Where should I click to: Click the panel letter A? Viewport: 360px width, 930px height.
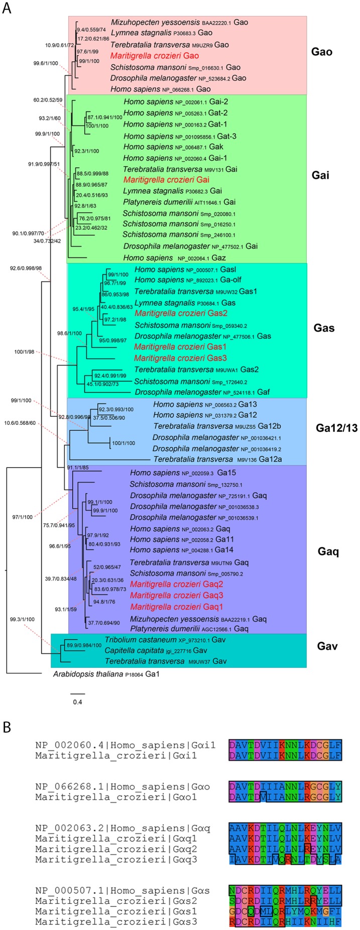click(7, 9)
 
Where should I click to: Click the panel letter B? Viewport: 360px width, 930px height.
click(7, 727)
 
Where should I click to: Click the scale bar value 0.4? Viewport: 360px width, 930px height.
click(77, 702)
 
